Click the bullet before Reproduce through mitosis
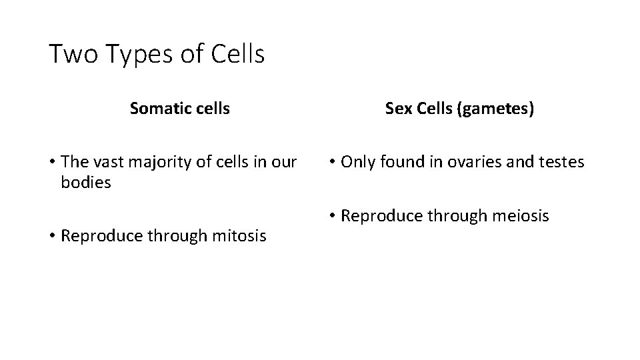coord(51,236)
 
